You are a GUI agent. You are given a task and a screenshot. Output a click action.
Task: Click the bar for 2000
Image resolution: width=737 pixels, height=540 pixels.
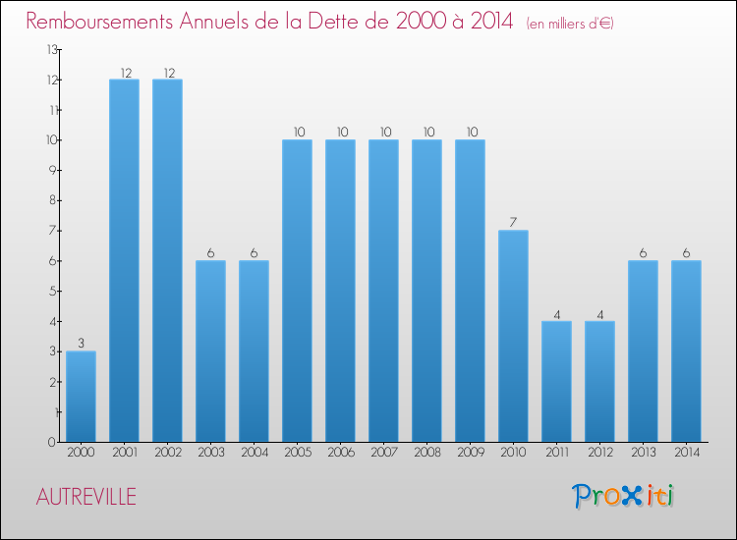pos(81,397)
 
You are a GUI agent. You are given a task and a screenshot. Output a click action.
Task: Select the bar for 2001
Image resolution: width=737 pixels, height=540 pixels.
pos(124,260)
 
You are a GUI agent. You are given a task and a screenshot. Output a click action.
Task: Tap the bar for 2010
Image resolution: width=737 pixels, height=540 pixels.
pos(513,336)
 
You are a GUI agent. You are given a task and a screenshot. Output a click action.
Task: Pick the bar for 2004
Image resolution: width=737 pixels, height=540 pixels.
pos(254,351)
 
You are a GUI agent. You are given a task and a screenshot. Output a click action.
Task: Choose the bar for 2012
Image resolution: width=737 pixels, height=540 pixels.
pos(599,381)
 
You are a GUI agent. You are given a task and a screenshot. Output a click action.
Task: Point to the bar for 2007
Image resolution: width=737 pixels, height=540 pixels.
pos(383,291)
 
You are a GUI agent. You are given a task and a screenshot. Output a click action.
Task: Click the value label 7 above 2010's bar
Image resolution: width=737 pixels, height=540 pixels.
pos(513,222)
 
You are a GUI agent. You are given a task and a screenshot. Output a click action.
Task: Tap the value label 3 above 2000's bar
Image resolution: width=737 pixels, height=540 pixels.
pos(81,343)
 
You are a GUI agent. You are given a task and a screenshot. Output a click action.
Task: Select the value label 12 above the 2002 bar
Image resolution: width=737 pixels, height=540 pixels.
pos(167,72)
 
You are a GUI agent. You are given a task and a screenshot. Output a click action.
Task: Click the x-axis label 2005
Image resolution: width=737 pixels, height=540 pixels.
pos(297,453)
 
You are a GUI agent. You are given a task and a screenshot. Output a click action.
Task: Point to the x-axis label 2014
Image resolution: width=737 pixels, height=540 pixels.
pos(686,453)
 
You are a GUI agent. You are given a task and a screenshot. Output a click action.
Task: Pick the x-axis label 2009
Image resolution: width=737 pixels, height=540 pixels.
pos(470,453)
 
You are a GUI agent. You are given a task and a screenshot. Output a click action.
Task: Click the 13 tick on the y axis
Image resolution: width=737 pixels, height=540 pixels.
pos(51,49)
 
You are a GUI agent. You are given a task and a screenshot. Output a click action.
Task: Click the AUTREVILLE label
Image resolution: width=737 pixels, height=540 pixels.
pos(86,497)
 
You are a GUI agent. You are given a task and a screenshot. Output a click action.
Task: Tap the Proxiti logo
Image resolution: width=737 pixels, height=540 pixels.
pos(624,496)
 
